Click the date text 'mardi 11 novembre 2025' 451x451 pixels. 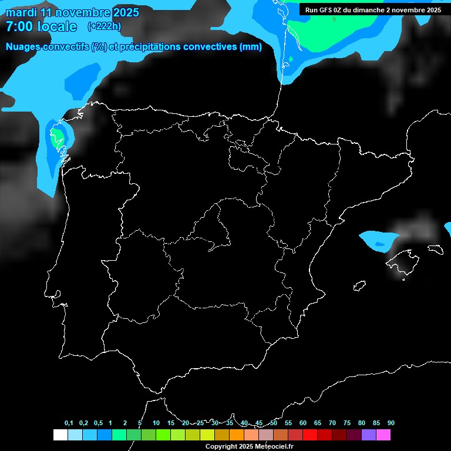[x=72, y=12]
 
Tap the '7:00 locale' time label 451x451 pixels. [x=41, y=26]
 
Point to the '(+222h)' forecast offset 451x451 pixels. [x=104, y=26]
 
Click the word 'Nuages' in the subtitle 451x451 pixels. [x=24, y=47]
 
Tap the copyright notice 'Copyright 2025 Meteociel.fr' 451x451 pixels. [x=249, y=446]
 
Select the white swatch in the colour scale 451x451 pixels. [x=60, y=435]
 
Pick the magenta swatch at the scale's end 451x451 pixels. [x=383, y=435]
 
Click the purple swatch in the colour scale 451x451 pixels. [x=368, y=435]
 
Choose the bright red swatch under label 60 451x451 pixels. [x=309, y=435]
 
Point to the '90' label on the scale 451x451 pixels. [x=391, y=423]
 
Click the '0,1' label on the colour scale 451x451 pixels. [x=69, y=423]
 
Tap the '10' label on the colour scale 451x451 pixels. [x=156, y=423]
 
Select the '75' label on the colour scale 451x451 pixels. [x=346, y=423]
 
